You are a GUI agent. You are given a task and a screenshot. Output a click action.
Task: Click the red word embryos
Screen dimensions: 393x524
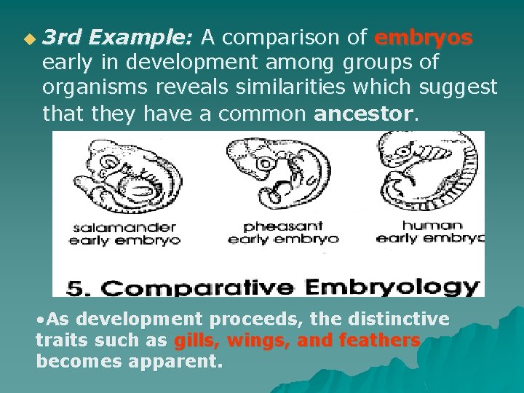(x=424, y=37)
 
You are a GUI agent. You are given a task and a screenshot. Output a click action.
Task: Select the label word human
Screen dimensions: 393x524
(x=432, y=226)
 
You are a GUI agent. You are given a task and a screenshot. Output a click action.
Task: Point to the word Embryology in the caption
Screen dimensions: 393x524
(x=392, y=287)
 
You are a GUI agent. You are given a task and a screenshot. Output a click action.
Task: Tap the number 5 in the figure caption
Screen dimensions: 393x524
(x=76, y=287)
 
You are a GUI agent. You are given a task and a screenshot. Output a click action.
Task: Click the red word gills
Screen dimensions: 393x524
(x=195, y=341)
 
